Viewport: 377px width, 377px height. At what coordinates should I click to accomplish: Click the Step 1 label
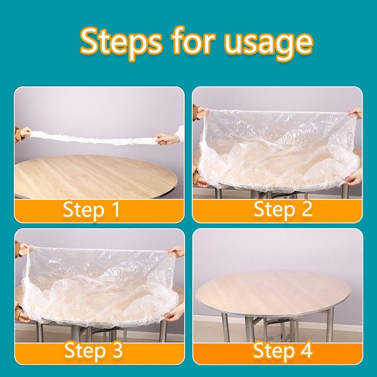pos(92,210)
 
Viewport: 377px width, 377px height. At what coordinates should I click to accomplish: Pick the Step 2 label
pos(283,209)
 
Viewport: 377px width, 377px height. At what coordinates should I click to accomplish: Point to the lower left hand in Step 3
pos(23,317)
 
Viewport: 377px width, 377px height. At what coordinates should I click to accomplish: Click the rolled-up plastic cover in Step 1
pos(94,137)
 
